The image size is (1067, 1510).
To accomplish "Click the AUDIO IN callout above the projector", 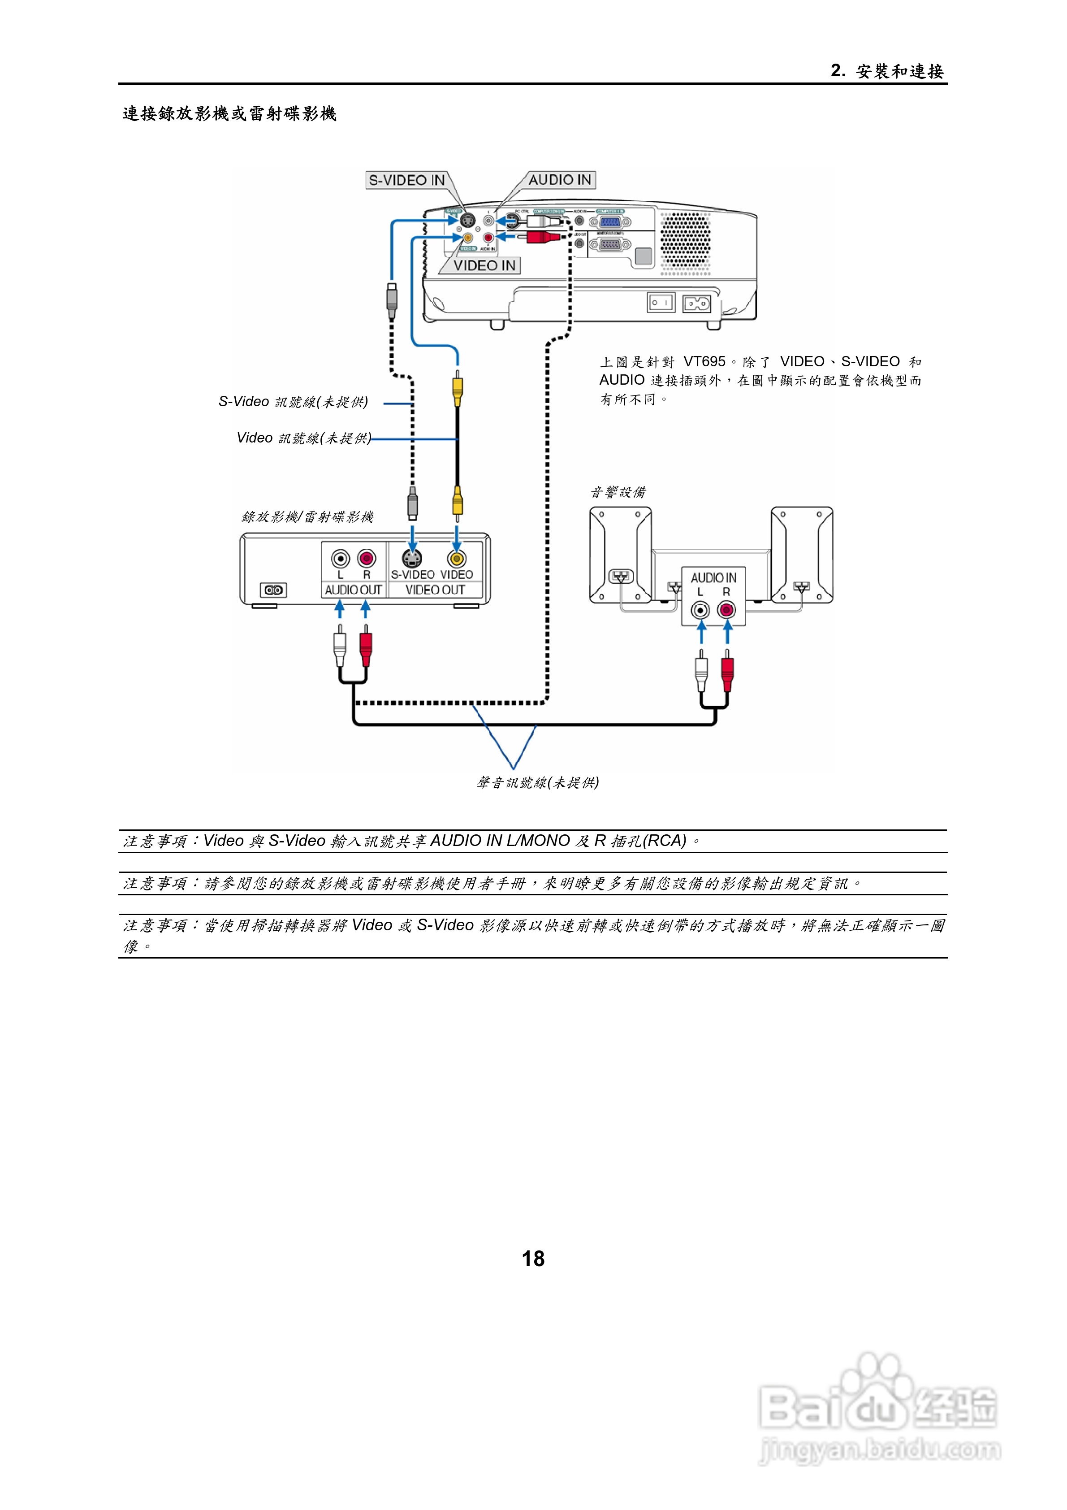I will point(560,179).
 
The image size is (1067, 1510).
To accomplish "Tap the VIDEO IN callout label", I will point(484,266).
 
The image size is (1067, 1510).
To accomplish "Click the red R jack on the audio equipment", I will point(726,610).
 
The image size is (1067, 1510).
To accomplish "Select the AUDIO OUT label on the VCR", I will point(353,590).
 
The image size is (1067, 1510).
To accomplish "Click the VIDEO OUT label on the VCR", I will point(435,590).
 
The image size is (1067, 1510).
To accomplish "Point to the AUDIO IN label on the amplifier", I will point(713,577).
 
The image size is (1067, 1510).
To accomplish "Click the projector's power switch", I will point(661,303).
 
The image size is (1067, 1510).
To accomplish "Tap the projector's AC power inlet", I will point(697,303).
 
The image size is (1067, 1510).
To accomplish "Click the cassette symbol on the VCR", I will point(273,590).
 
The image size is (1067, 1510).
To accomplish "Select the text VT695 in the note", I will point(704,362).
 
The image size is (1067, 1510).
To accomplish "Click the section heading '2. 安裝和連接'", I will point(887,71).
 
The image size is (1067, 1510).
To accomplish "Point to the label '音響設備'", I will point(618,492).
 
